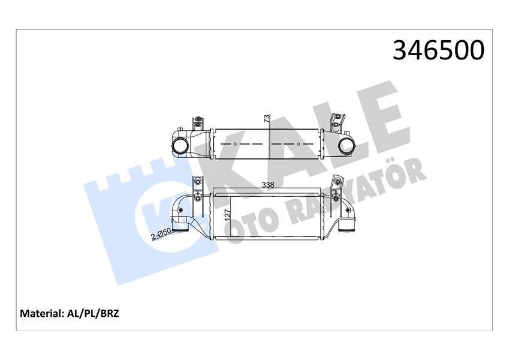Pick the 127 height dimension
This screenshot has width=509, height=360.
click(227, 215)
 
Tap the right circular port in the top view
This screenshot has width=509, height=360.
click(347, 145)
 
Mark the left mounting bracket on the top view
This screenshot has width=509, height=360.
click(196, 124)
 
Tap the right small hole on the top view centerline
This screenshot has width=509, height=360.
click(298, 145)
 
